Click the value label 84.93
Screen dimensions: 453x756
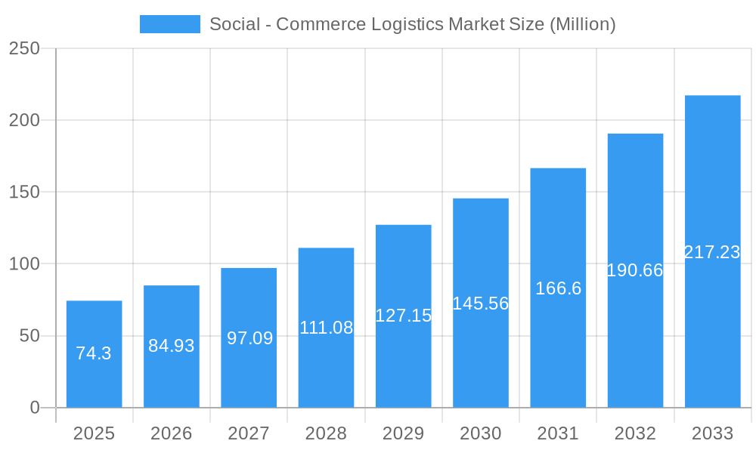pos(172,346)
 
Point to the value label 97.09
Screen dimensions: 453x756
pos(249,338)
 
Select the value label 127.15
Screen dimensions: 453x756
pos(403,316)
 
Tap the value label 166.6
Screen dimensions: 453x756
pos(558,288)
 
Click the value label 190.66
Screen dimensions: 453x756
pos(635,270)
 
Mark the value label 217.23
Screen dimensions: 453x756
pos(712,252)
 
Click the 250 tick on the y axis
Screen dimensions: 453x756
pos(24,48)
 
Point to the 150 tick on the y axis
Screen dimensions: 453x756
pos(24,192)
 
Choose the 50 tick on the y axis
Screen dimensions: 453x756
pos(29,336)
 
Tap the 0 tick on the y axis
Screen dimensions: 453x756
pos(35,408)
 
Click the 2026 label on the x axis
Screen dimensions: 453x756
pos(172,433)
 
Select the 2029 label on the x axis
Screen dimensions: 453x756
pos(403,433)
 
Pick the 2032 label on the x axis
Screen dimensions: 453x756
pos(635,433)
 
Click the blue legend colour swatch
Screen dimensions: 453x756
pos(170,24)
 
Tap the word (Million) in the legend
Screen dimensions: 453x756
pos(582,24)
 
